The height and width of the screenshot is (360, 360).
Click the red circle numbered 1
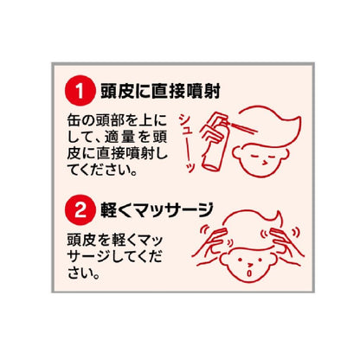pyautogui.click(x=80, y=90)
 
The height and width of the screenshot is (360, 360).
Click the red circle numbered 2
pyautogui.click(x=80, y=210)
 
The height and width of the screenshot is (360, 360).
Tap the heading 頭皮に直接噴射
pyautogui.click(x=160, y=91)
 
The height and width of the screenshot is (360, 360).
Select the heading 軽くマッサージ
pyautogui.click(x=157, y=210)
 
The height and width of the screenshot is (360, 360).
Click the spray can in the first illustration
pyautogui.click(x=214, y=142)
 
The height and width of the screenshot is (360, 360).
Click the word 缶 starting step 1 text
pyautogui.click(x=74, y=120)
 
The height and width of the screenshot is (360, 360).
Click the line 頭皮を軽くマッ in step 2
pyautogui.click(x=115, y=241)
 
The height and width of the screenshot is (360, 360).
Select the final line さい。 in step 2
pyautogui.click(x=84, y=273)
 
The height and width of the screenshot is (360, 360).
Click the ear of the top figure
pyautogui.click(x=239, y=153)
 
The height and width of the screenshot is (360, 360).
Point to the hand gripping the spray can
pyautogui.click(x=211, y=136)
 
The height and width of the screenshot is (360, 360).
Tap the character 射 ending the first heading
pyautogui.click(x=212, y=91)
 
